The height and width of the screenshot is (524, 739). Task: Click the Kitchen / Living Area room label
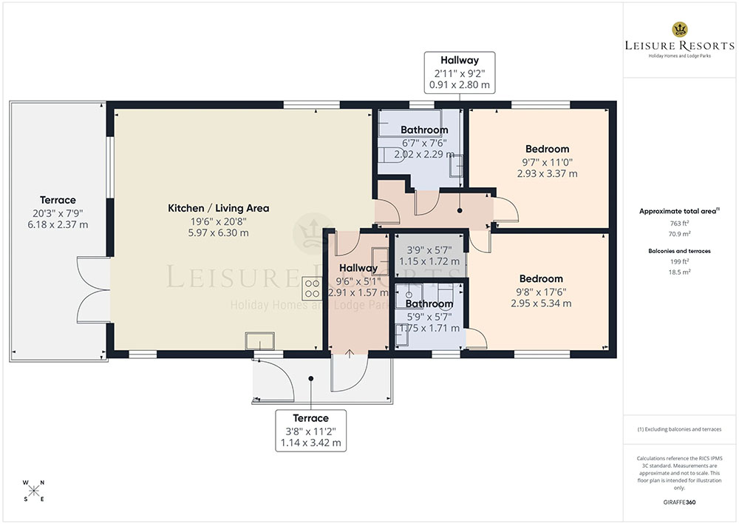[x=219, y=208]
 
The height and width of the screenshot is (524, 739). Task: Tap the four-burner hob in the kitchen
[x=312, y=289]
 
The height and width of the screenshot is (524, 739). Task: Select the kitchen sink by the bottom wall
[x=259, y=340]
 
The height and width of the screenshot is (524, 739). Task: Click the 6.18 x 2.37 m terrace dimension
[x=58, y=225]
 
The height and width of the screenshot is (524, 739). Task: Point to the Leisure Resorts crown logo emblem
[x=680, y=30]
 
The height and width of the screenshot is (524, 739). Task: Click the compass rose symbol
[x=34, y=491]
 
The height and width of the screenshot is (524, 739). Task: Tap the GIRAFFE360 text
[x=679, y=503]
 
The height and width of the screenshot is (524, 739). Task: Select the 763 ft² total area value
[x=679, y=224]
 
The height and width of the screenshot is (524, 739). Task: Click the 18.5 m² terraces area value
[x=679, y=272]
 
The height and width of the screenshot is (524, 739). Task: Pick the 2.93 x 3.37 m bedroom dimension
[x=547, y=174]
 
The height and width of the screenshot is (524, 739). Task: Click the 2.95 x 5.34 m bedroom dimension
[x=541, y=303]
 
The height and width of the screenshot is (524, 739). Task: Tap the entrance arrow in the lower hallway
[x=350, y=354]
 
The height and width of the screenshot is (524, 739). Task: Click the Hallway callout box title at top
[x=460, y=61]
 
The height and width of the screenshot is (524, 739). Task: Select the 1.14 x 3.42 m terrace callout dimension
[x=310, y=443]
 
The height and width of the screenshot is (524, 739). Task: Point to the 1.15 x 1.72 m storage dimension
[x=429, y=261]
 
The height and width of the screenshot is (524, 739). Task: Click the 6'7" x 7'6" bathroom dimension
[x=424, y=143]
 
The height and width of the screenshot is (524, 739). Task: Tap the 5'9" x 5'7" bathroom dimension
[x=429, y=317]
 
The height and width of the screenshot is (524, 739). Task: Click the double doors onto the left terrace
[x=94, y=290]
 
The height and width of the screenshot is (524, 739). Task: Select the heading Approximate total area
[x=679, y=211]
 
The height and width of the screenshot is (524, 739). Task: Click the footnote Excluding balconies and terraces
[x=679, y=429]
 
